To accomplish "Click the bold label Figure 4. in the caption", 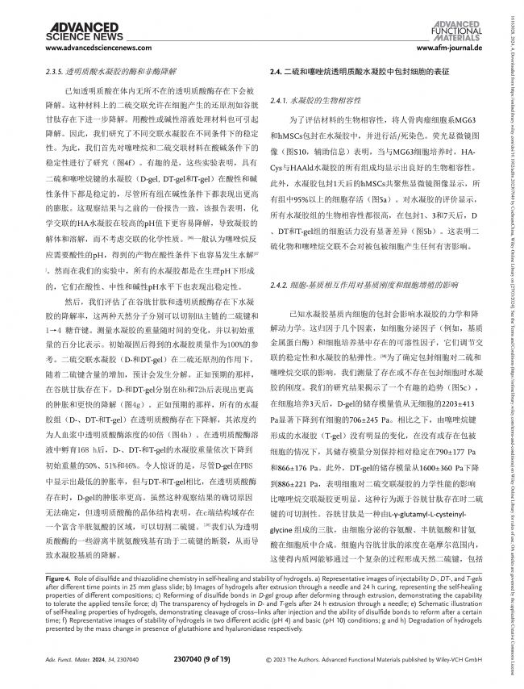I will point(58,600).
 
